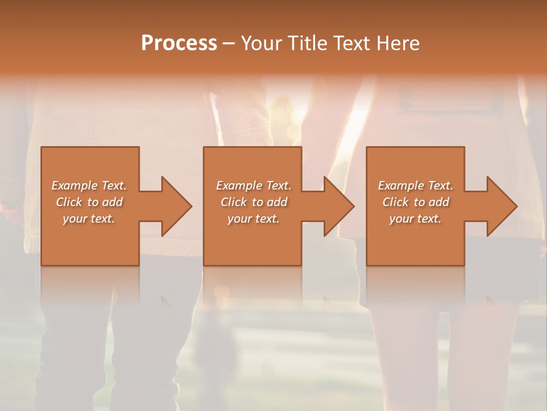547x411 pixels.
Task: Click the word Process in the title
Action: coord(179,43)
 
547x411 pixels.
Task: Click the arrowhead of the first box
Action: coord(177,206)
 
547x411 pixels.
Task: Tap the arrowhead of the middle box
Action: coord(339,206)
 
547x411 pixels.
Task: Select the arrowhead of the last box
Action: coord(502,206)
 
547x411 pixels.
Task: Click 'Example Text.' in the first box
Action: coord(89,186)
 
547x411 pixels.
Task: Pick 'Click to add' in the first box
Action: coord(89,202)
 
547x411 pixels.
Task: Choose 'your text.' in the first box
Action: coord(89,219)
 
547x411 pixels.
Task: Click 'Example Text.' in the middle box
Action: coord(254,186)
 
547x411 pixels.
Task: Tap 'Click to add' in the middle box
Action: coord(254,202)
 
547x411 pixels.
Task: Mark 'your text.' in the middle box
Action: coord(254,219)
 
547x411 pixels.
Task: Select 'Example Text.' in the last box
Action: coord(415,186)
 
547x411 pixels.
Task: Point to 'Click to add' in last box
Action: coord(416,202)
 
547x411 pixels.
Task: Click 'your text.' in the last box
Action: coord(415,219)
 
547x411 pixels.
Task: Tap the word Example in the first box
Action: coord(75,186)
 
